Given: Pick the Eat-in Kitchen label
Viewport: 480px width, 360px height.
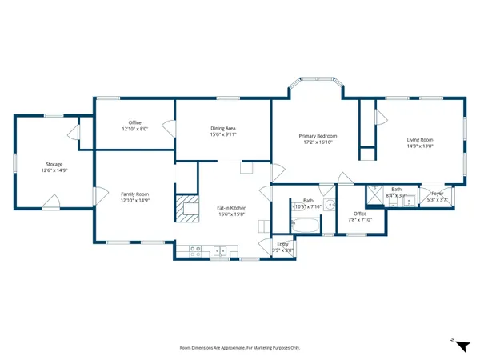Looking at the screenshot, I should (x=230, y=208).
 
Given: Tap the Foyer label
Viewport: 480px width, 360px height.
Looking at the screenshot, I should (x=437, y=194).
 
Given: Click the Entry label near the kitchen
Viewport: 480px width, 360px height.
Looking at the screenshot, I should (x=282, y=243).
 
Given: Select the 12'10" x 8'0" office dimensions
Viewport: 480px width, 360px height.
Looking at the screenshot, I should (x=135, y=129).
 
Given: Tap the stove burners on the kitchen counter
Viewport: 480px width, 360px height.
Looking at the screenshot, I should (x=194, y=250).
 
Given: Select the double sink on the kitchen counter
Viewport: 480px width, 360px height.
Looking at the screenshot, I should (x=223, y=251).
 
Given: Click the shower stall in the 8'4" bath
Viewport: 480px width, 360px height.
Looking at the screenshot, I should (x=375, y=194).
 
